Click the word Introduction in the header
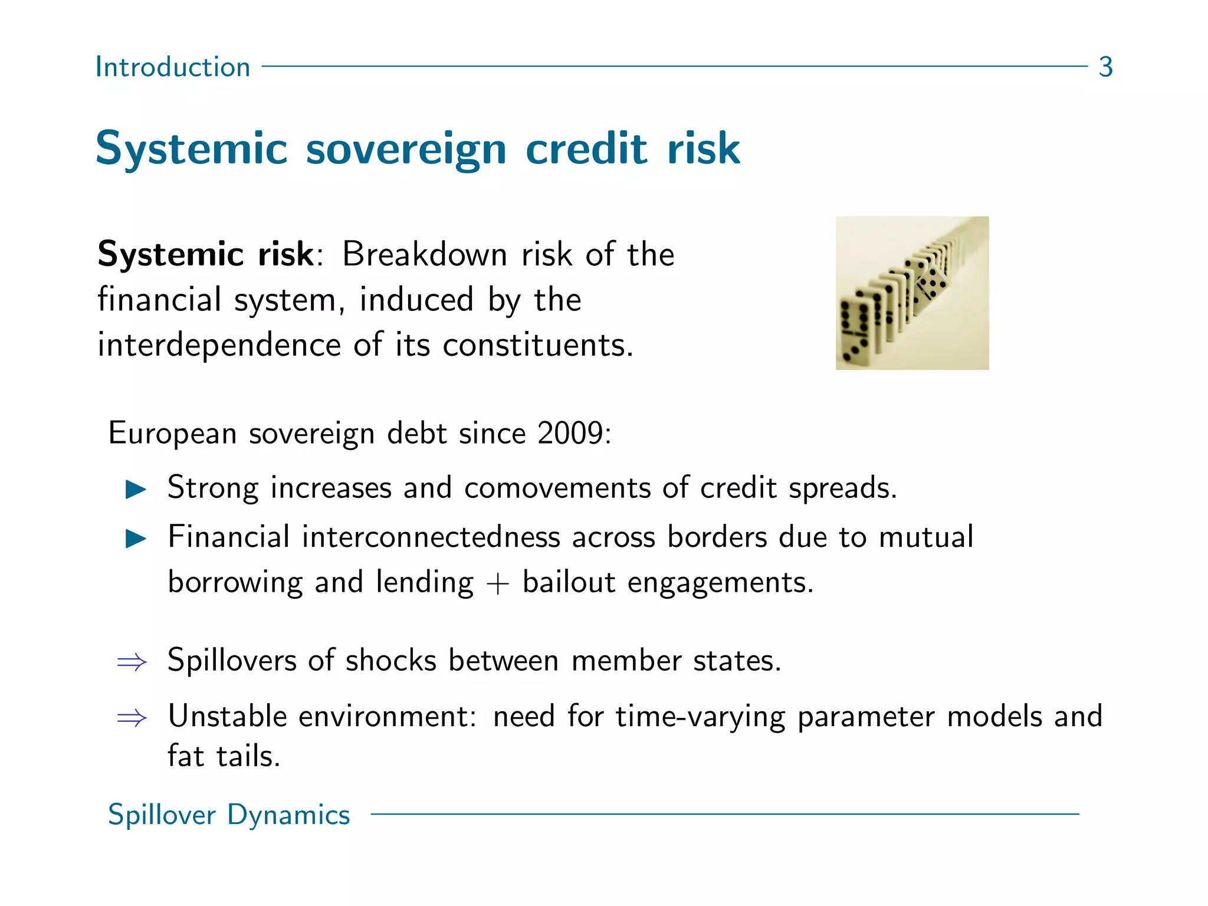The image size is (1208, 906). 173,67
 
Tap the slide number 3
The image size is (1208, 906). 1105,67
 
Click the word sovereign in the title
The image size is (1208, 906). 406,149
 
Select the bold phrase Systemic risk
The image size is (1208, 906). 206,255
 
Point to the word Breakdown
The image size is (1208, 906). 424,255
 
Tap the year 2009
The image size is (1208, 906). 570,434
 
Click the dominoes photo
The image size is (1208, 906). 912,293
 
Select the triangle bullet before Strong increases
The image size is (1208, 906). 136,489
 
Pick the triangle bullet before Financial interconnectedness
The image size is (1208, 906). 136,538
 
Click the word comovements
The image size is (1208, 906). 557,488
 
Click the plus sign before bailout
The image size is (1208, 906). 498,584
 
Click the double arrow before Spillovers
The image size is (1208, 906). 132,662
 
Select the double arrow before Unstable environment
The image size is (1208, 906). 132,718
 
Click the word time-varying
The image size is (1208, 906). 700,718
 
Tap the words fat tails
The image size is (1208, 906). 224,757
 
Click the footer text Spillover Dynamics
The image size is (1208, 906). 229,815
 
